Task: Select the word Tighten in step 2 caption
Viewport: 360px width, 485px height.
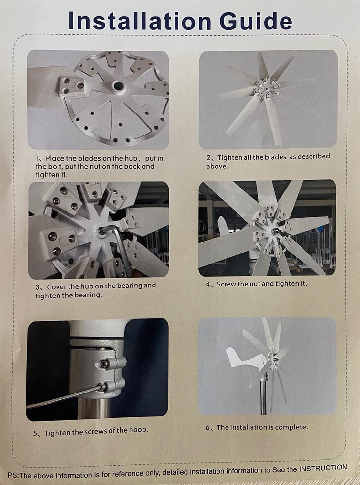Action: click(229, 157)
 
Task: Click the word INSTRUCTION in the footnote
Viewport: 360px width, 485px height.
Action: click(323, 468)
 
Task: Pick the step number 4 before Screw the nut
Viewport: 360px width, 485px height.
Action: click(208, 285)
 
